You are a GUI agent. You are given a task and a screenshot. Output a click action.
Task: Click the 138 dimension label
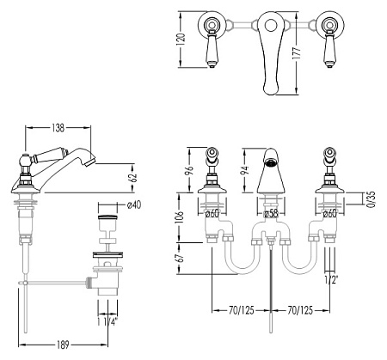(58, 128)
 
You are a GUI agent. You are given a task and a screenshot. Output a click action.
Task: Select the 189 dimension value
(63, 345)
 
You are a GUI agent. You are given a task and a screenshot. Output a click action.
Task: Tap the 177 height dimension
(298, 53)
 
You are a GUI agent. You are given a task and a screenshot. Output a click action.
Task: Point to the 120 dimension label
(181, 40)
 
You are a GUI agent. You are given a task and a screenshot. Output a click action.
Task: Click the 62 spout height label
(133, 178)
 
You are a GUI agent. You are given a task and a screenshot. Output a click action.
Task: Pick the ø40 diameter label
(133, 204)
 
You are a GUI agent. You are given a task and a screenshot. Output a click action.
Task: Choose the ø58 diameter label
(271, 213)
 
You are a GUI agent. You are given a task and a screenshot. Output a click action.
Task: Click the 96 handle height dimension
(190, 170)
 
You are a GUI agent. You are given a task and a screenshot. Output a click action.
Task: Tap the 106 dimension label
(180, 217)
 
